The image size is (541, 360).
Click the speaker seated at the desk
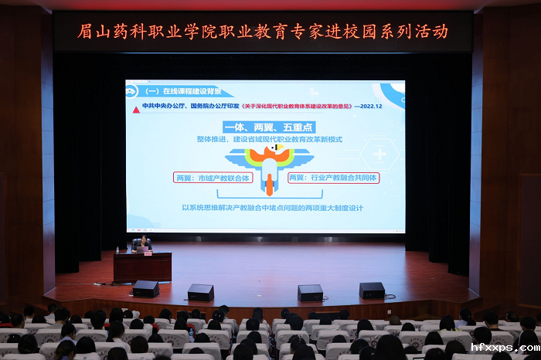click(x=141, y=245)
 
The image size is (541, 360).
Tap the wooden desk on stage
click(x=142, y=267)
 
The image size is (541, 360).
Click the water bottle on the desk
click(x=117, y=249)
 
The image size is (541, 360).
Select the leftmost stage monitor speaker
click(x=145, y=289)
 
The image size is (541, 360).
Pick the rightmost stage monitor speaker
click(x=372, y=290)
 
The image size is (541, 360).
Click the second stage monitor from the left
click(x=201, y=292)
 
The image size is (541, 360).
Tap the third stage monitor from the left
click(x=311, y=293)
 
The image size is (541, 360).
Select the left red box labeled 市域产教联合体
click(x=213, y=178)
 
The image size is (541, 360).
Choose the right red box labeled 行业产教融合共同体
click(x=332, y=178)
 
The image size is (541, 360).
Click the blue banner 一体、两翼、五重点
click(x=265, y=125)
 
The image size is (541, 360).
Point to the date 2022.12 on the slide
click(x=377, y=107)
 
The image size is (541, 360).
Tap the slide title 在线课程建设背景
click(x=180, y=90)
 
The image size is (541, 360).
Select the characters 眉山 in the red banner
click(x=91, y=32)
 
